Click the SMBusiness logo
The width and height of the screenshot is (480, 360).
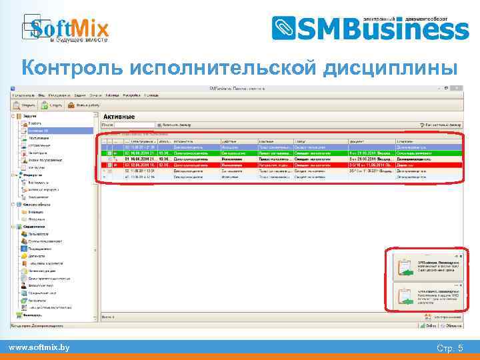coord(370,28)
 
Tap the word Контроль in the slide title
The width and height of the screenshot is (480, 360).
coord(73,68)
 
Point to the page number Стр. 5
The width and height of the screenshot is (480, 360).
coord(450,348)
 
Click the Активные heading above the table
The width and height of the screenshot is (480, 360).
coord(119,117)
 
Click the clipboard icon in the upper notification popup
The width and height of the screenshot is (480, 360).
coord(404,266)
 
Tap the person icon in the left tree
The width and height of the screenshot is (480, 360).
coord(24,292)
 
